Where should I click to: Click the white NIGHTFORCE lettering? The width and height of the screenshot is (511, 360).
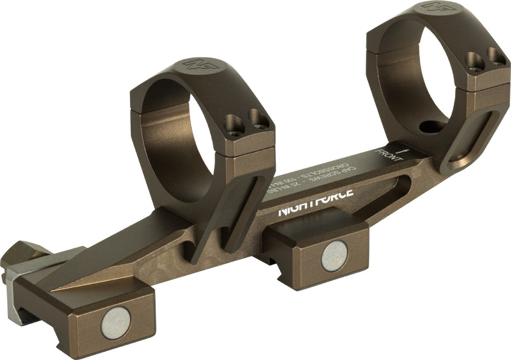point(316,209)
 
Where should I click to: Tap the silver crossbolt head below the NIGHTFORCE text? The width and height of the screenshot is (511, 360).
point(333,256)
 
